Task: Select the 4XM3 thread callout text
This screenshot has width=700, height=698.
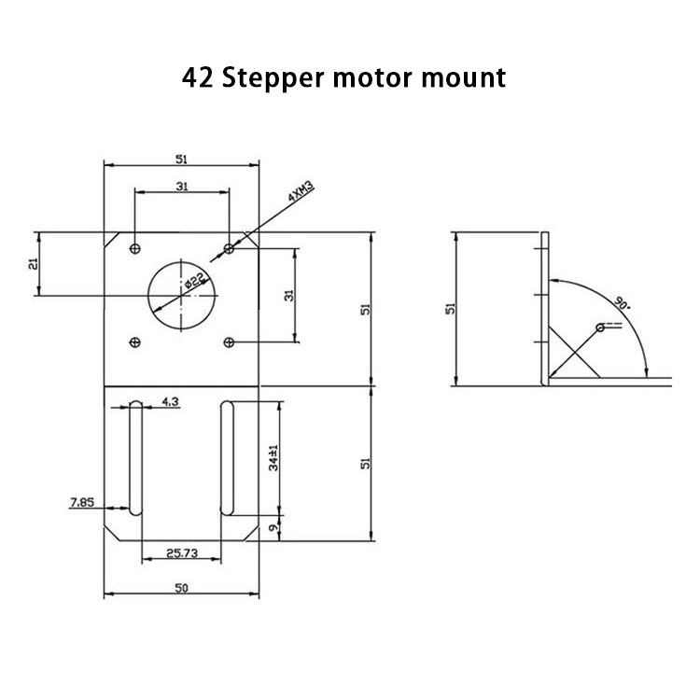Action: (301, 194)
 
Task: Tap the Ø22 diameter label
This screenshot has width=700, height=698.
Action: (195, 281)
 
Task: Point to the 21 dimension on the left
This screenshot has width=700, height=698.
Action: (33, 264)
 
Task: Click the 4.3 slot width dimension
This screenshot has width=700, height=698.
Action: (171, 401)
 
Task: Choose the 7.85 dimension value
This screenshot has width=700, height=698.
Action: (82, 503)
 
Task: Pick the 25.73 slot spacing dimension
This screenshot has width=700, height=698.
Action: (182, 553)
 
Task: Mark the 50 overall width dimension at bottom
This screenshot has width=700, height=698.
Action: (182, 587)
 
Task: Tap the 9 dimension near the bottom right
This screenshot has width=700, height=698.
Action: (272, 528)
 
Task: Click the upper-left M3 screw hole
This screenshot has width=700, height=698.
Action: (136, 248)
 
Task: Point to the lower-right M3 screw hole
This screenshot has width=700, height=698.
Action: (229, 342)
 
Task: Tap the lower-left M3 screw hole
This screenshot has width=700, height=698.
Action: (136, 342)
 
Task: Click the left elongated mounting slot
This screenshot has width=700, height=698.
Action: (136, 457)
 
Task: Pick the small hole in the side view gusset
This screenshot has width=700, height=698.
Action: (600, 328)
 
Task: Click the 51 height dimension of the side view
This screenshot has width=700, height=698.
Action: (450, 309)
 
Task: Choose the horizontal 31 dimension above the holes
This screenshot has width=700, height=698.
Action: (182, 187)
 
